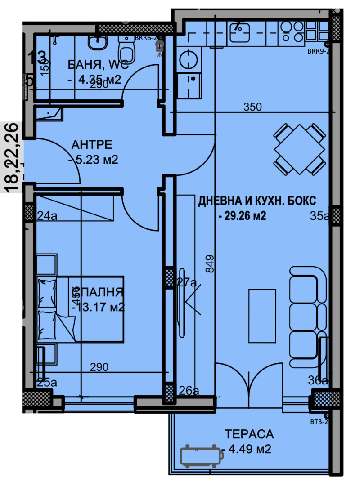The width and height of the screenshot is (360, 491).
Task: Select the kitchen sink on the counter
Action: pyautogui.click(x=241, y=31)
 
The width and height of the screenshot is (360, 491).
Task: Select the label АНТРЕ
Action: pyautogui.click(x=92, y=145)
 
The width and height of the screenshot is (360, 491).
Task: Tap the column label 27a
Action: pyautogui.click(x=186, y=282)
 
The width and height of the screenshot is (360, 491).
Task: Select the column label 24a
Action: pyautogui.click(x=46, y=216)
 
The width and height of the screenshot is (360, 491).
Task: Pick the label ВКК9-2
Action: pyautogui.click(x=319, y=51)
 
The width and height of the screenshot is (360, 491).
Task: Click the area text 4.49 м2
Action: pyautogui.click(x=249, y=449)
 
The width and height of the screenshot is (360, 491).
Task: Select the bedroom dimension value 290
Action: pyautogui.click(x=99, y=366)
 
